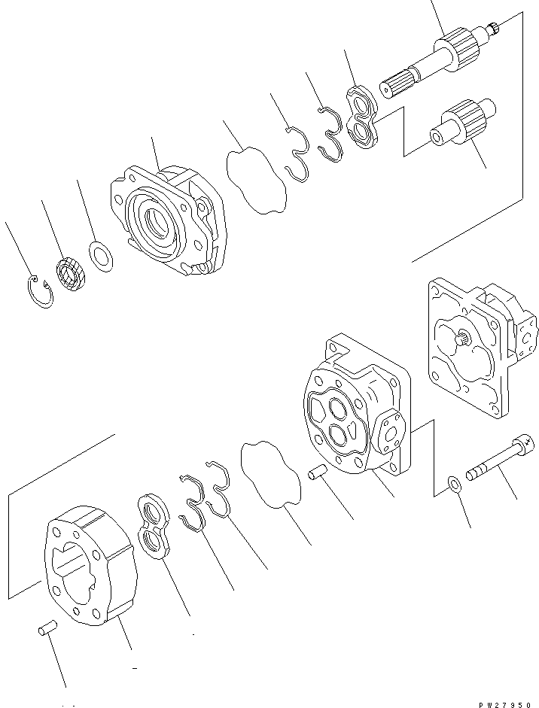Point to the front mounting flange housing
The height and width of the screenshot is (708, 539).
(167, 221)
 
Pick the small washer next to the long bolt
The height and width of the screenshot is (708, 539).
(453, 483)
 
